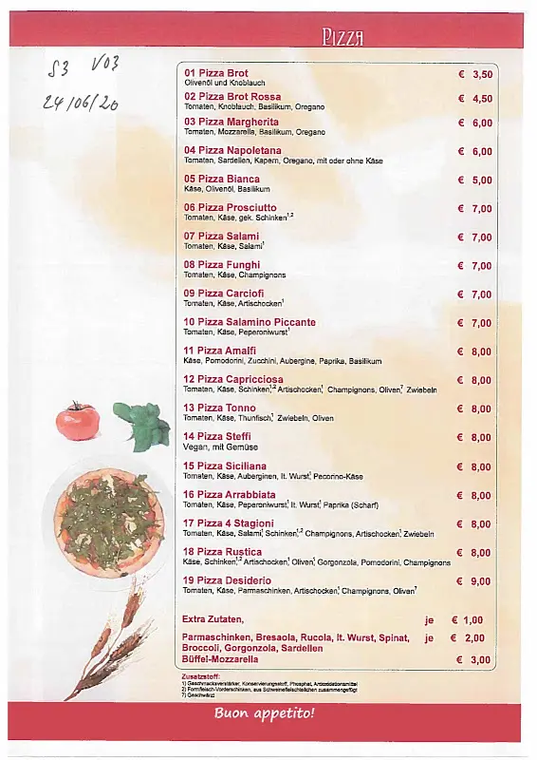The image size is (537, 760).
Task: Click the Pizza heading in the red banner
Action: point(343,37)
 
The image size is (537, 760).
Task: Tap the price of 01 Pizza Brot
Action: point(475,74)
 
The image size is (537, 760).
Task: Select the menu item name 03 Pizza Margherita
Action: point(231,123)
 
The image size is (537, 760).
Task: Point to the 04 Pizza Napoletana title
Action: point(232,151)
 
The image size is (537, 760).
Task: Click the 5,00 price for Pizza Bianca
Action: point(475,180)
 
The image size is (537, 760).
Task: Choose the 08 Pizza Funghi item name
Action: point(222,265)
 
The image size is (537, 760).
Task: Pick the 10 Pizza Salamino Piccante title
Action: point(250,322)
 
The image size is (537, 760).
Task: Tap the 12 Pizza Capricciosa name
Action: point(232,380)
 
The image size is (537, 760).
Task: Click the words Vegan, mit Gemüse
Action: point(220,446)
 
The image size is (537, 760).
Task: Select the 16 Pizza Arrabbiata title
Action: point(230,495)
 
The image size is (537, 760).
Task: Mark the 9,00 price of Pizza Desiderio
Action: point(475,581)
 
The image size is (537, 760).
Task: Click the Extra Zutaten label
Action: point(213,620)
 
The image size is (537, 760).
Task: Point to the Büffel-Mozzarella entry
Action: point(219,659)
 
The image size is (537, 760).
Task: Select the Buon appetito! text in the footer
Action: point(264,712)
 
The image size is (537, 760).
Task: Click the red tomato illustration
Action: point(78,420)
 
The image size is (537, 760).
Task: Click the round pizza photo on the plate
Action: point(109,522)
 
